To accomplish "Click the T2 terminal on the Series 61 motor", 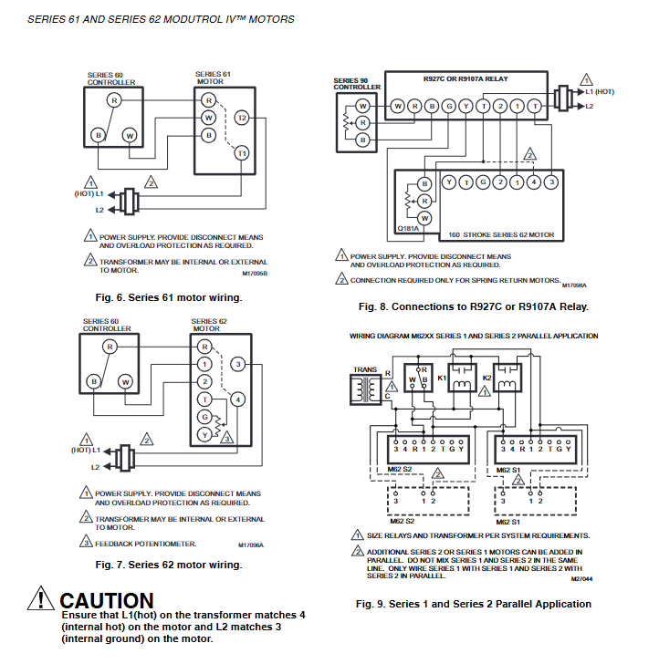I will click(241, 119).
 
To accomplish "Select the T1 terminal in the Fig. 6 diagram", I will click(241, 153).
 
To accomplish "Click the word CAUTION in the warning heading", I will click(107, 601).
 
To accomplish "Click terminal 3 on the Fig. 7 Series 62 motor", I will click(238, 365).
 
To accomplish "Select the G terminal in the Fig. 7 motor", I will click(206, 417).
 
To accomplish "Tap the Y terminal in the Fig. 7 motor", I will click(206, 434).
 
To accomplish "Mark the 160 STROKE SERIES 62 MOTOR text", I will click(500, 234).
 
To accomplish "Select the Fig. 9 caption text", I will click(473, 604).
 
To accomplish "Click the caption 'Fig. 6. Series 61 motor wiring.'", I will click(169, 297).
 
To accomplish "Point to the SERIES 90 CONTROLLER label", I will click(351, 85).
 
